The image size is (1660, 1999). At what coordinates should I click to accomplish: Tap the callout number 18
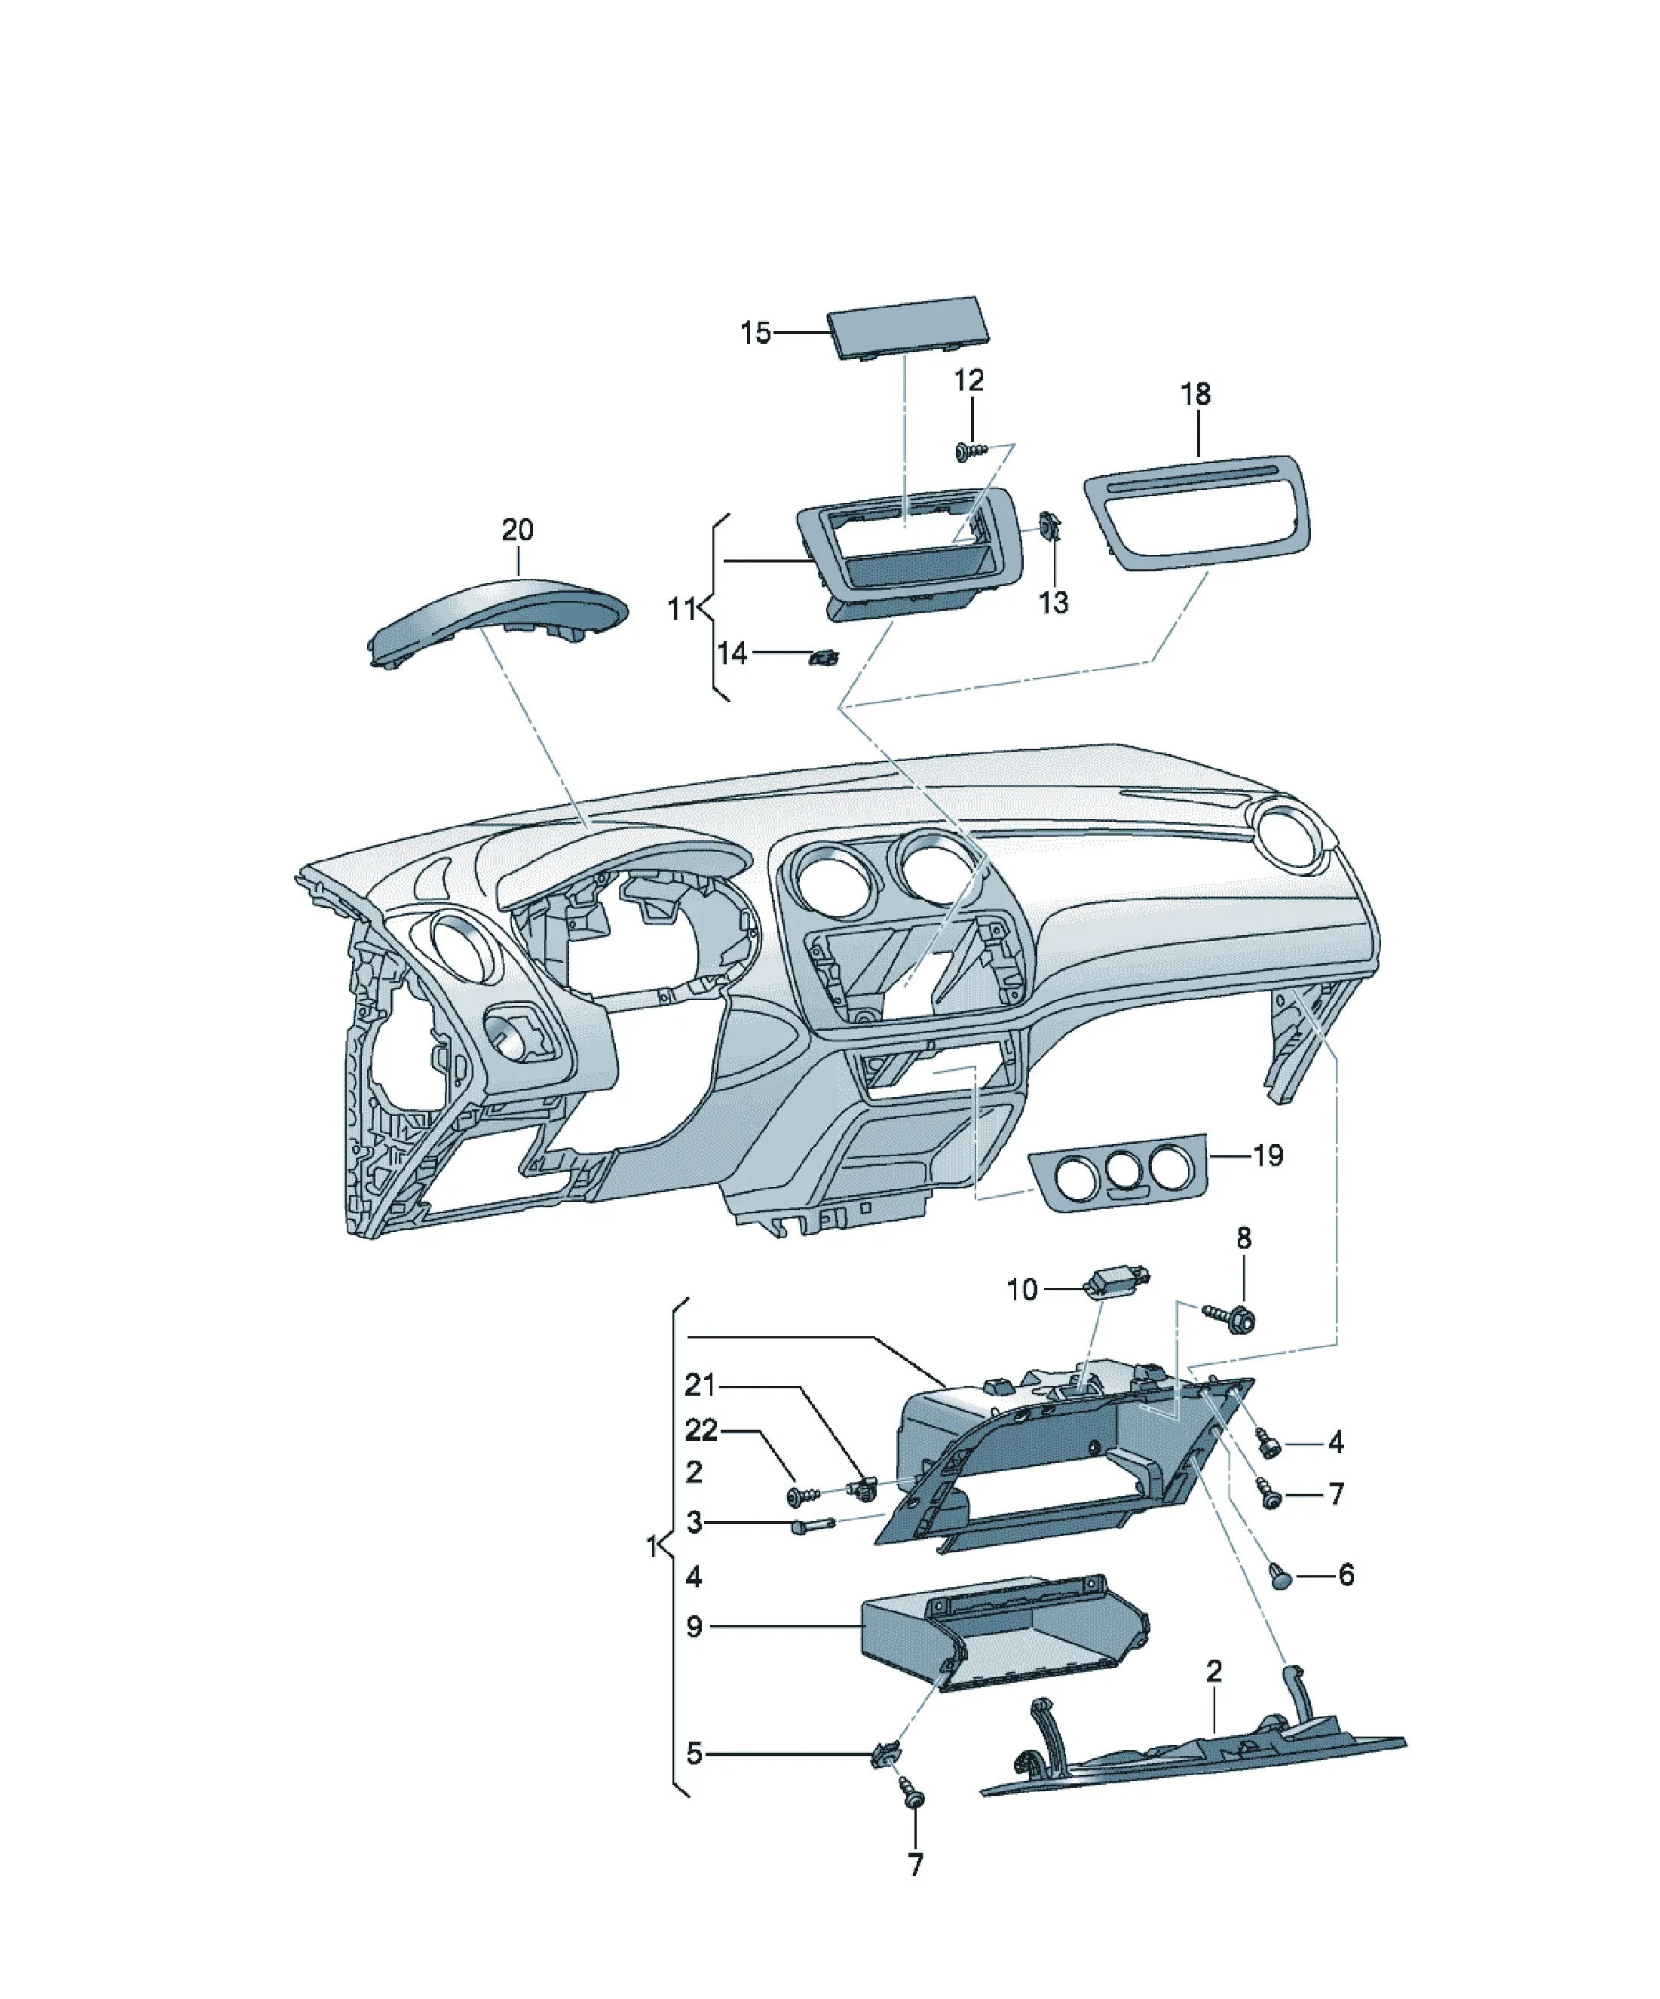(x=1196, y=394)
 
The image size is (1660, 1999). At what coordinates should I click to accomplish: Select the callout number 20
(x=518, y=529)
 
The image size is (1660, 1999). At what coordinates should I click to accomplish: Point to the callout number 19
(x=1268, y=1156)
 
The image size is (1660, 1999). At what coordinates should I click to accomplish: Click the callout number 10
(x=1021, y=1290)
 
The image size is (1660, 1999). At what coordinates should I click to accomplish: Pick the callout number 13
(x=1054, y=602)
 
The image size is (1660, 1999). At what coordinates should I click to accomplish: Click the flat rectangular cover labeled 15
(x=907, y=327)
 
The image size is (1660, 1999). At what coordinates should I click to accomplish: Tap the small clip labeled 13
(x=1050, y=526)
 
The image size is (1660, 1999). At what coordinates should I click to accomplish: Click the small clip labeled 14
(x=823, y=656)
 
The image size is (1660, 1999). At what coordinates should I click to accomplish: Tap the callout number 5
(x=695, y=1753)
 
